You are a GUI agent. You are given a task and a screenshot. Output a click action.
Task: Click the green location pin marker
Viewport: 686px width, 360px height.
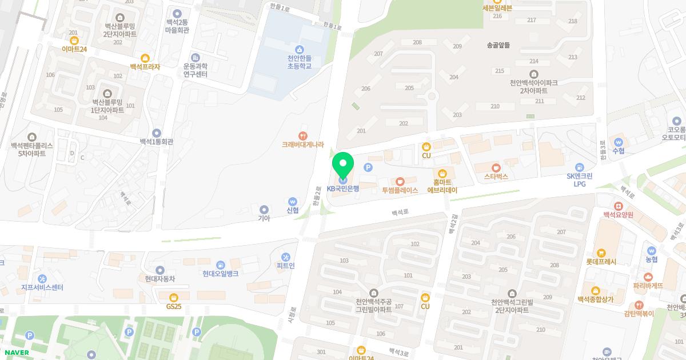pos(343,165)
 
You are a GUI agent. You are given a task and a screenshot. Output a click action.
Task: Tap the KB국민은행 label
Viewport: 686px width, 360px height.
pos(343,189)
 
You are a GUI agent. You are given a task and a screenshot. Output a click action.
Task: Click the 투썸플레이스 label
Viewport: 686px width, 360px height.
pos(400,190)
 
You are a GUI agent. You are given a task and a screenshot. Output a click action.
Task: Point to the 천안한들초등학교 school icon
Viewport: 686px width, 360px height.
pos(300,49)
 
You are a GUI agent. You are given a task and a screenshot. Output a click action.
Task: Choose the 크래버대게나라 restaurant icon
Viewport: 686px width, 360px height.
pos(303,136)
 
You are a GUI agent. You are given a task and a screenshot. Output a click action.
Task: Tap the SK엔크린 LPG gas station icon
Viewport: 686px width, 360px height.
pos(580,167)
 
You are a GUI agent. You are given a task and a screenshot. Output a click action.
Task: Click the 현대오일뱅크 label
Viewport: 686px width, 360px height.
pos(220,274)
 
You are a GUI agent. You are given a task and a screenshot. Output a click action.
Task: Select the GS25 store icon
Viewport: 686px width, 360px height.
pos(174,297)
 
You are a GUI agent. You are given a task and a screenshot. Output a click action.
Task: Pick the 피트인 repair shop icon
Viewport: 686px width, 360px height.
pos(286,257)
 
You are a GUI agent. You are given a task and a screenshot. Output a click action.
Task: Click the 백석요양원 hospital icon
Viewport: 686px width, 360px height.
pos(618,206)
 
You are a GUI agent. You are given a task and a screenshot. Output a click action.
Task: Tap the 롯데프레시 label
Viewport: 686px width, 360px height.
pos(601,262)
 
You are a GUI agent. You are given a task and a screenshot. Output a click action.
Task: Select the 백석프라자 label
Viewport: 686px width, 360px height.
pos(145,67)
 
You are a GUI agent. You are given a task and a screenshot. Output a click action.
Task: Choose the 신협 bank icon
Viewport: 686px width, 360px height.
pos(293,201)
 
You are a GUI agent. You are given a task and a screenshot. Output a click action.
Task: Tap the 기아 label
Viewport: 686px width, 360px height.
pos(264,218)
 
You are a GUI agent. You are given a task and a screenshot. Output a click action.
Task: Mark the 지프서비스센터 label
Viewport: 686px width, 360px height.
pos(42,287)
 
